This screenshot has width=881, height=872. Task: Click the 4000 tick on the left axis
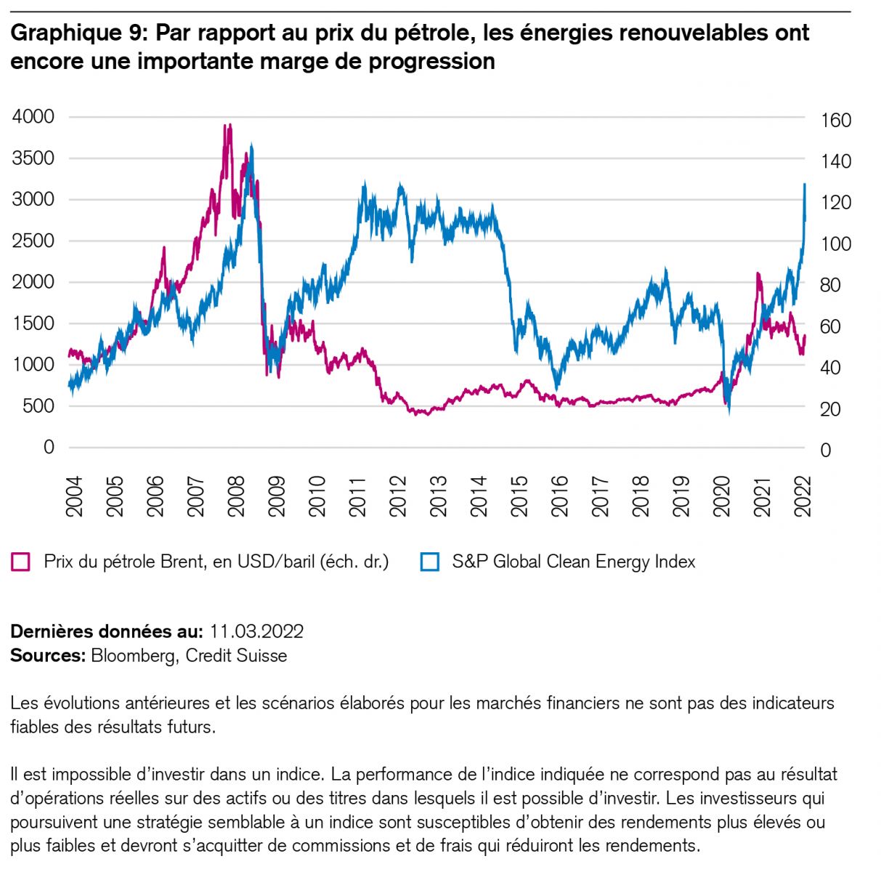[33, 116]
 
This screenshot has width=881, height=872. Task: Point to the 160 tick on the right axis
[835, 120]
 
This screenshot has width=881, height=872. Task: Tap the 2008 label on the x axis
[237, 497]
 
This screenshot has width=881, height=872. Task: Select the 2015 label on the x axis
[520, 497]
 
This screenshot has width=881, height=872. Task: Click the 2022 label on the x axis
[803, 497]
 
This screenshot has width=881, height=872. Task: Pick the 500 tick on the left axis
[38, 406]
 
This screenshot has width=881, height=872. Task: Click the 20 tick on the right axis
[831, 410]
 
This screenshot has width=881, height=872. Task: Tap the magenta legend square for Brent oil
[21, 562]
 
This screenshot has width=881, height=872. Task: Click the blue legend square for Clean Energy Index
[430, 562]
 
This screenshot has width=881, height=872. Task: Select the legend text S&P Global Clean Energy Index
[573, 562]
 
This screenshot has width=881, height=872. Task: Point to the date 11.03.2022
[256, 631]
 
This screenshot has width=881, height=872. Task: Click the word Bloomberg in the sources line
[133, 655]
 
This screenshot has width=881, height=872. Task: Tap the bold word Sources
[48, 655]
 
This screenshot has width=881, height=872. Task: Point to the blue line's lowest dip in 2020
[728, 411]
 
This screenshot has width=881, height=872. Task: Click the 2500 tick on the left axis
[33, 241]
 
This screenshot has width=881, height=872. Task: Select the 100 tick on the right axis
[835, 244]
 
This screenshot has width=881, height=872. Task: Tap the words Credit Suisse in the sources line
[236, 655]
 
